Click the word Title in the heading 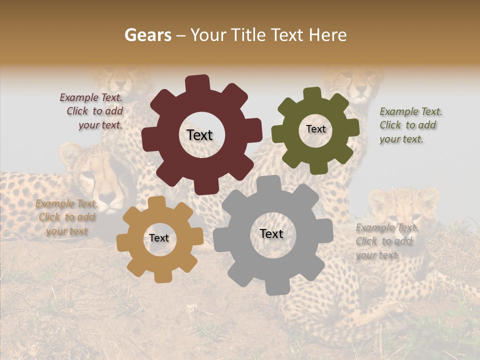[250, 35]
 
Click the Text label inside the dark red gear [199, 135]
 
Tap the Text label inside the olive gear [315, 129]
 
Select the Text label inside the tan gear [159, 238]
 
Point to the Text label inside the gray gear [271, 234]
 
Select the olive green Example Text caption [410, 125]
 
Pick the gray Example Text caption [385, 241]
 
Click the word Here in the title [327, 35]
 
